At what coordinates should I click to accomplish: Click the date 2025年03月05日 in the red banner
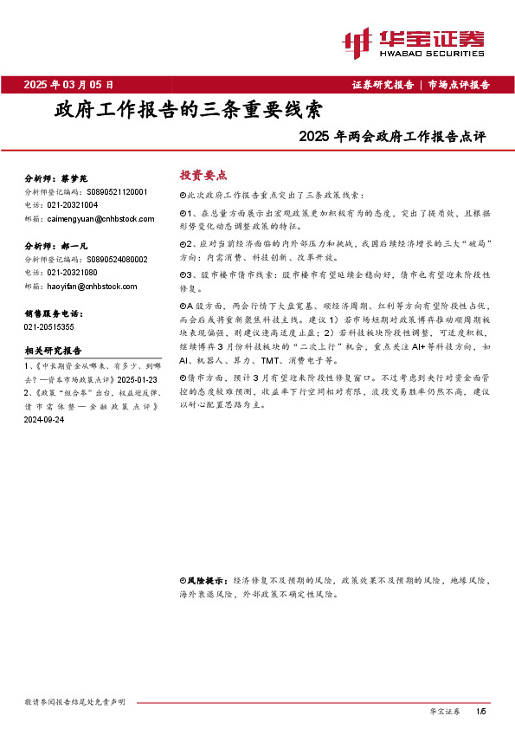(x=68, y=85)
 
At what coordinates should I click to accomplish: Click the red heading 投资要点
(x=196, y=174)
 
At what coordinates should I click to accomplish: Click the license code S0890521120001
(x=118, y=191)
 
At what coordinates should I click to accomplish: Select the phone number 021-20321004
(x=73, y=205)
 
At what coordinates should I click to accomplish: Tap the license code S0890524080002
(x=118, y=259)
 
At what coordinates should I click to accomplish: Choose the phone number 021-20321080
(x=73, y=273)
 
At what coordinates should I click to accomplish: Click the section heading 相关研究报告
(x=53, y=351)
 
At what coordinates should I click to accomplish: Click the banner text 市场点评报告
(x=459, y=85)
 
